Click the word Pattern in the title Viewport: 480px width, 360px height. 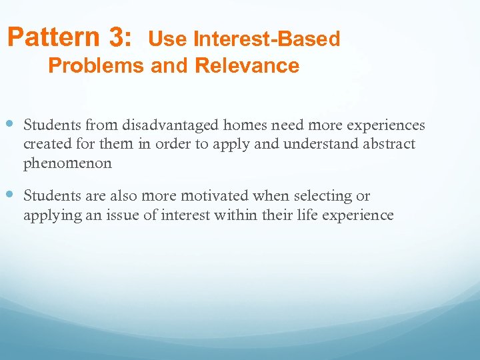click(x=51, y=38)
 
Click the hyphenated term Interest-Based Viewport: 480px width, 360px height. click(x=267, y=40)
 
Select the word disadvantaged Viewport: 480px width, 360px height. click(x=171, y=125)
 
